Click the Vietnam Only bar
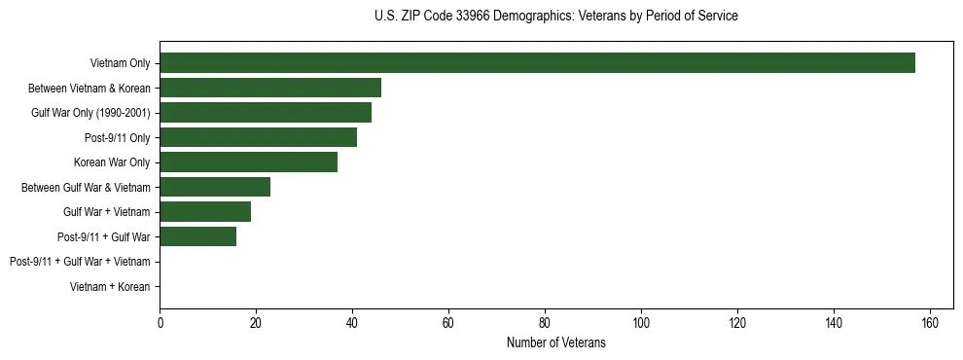(x=537, y=63)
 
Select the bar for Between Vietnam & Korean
(x=270, y=88)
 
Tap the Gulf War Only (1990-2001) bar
(x=266, y=113)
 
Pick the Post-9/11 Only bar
(x=258, y=137)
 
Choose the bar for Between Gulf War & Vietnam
(x=215, y=187)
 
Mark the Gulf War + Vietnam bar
(x=205, y=211)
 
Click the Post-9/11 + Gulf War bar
(x=197, y=236)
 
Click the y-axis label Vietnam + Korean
(x=110, y=286)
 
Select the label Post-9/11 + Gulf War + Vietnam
(x=80, y=262)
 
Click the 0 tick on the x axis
(x=160, y=323)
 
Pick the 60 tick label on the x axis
(x=448, y=323)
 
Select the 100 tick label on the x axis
(x=641, y=323)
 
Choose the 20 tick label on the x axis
(x=256, y=323)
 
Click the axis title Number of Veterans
(x=555, y=342)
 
